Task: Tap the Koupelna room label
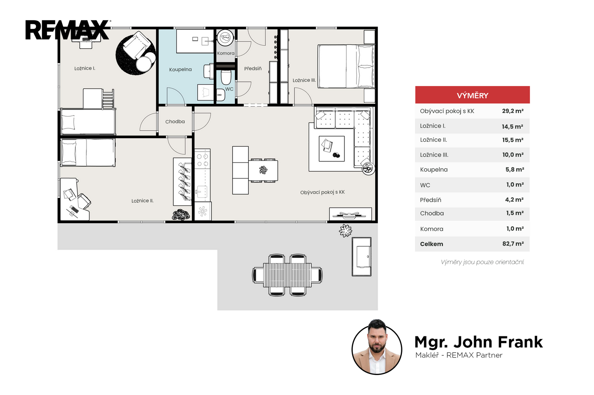[x=180, y=69]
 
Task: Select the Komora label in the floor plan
[x=226, y=53]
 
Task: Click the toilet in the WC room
[x=226, y=77]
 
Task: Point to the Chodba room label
[x=175, y=122]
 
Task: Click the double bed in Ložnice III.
[x=346, y=66]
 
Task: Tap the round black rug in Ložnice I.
[x=136, y=55]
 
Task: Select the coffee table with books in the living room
[x=332, y=149]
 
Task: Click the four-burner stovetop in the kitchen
[x=202, y=160]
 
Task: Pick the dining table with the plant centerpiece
[x=263, y=170]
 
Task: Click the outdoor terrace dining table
[x=287, y=275]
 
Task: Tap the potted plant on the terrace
[x=346, y=231]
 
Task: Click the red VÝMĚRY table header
[x=473, y=95]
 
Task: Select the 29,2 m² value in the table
[x=513, y=111]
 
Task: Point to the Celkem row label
[x=431, y=244]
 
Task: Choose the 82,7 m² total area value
[x=513, y=244]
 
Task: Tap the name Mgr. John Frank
[x=479, y=342]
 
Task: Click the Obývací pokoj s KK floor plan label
[x=323, y=192]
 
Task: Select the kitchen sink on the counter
[x=202, y=192]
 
